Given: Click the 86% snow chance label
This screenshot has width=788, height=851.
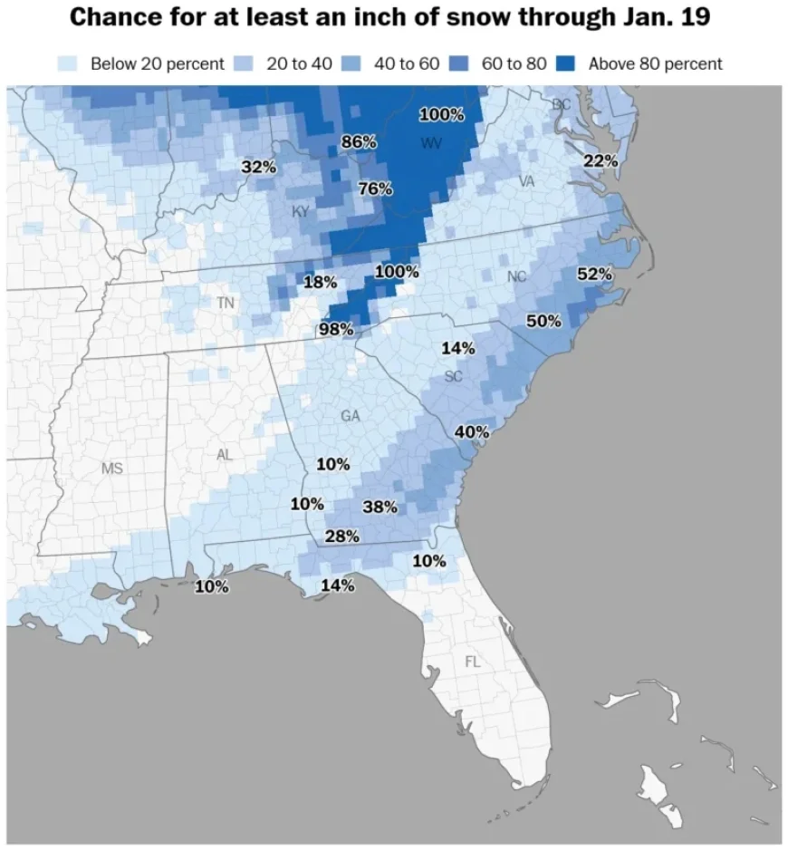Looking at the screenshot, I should point(359,141).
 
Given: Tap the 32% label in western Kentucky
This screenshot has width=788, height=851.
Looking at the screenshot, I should point(259,167).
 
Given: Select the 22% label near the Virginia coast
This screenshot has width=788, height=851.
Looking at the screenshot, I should point(601,160).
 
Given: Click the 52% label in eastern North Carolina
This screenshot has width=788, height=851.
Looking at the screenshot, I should point(595,274).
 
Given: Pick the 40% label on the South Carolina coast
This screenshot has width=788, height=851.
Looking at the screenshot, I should point(471,431).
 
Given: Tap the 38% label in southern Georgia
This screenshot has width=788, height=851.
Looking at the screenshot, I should point(380,507).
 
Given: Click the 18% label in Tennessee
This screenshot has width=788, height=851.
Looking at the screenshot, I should point(320,282).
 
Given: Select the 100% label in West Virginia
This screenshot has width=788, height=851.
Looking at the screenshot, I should point(441,114).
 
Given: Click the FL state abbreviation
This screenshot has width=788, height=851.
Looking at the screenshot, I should point(473,662).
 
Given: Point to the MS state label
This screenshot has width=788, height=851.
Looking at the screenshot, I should point(111,469).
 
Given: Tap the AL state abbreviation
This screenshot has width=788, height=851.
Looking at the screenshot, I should point(224,455).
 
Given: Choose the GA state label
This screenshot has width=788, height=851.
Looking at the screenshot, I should point(351,415).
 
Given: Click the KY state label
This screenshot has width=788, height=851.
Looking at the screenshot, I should point(301,211).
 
